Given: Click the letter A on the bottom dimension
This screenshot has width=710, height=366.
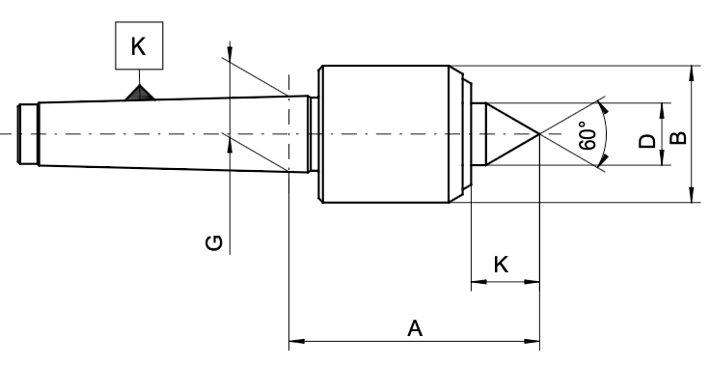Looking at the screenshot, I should (x=415, y=328).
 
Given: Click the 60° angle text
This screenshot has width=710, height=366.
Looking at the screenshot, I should (x=589, y=135).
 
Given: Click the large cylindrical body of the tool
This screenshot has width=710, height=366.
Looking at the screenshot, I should (x=386, y=133).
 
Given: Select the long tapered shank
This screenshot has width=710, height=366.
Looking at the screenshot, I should (x=174, y=133).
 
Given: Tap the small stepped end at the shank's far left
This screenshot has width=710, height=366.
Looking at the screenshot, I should (x=29, y=133).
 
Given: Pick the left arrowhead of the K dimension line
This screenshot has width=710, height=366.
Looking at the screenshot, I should (x=477, y=284).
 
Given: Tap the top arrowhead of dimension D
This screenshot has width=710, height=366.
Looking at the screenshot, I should (x=663, y=107).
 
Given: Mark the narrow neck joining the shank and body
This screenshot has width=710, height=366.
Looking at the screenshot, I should (x=314, y=133).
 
